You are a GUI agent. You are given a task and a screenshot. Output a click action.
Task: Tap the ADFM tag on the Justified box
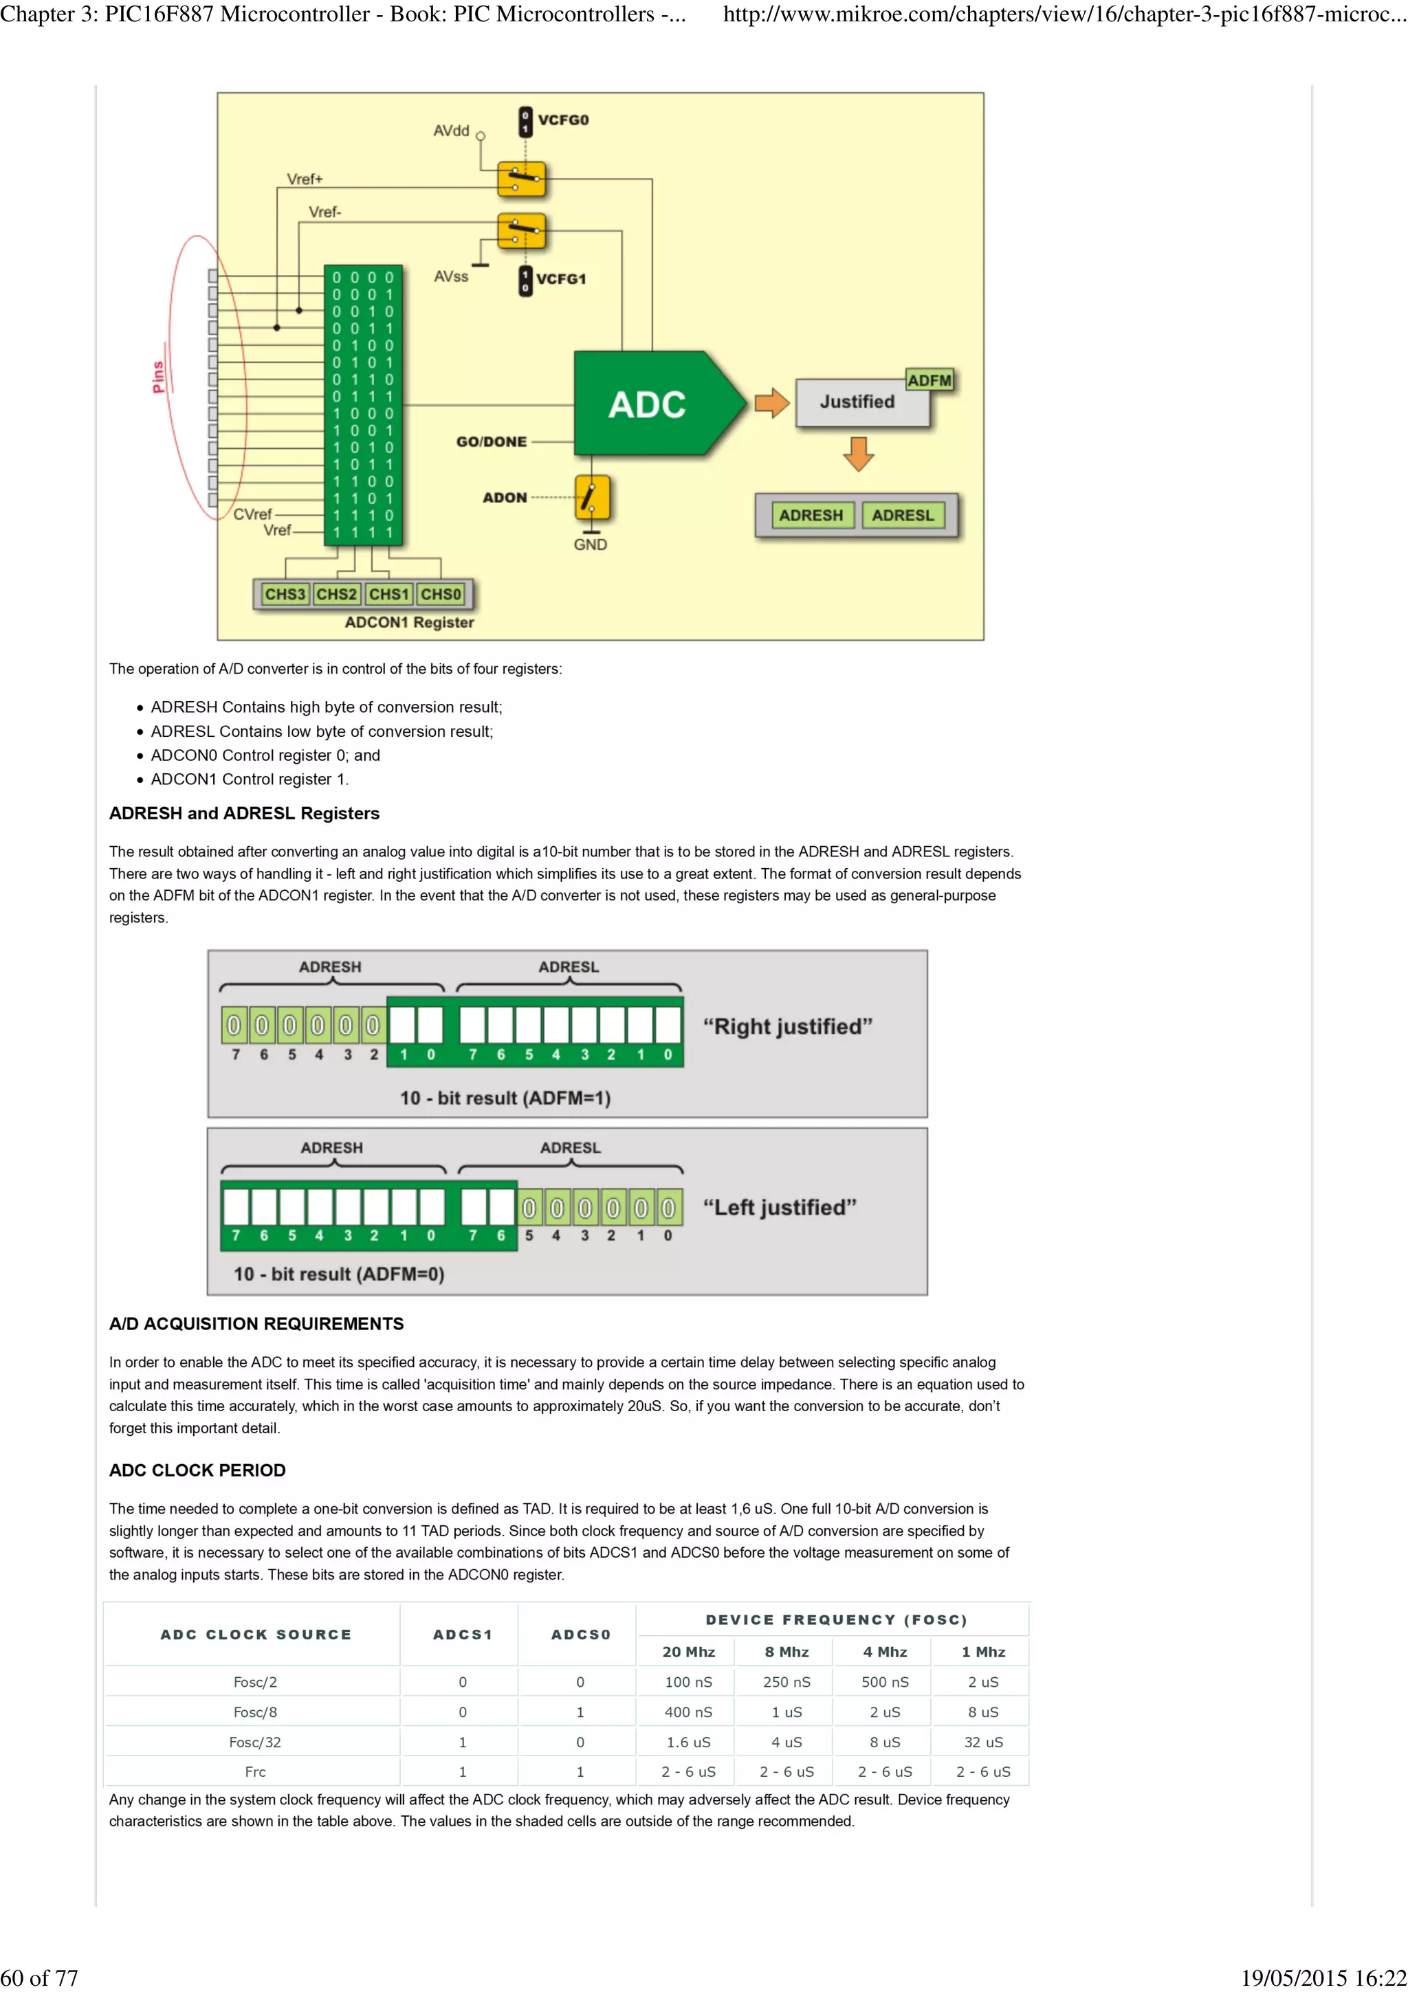click(929, 380)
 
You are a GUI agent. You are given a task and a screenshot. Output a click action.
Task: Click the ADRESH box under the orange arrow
click(811, 516)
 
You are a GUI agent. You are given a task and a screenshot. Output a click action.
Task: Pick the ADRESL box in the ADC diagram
click(903, 516)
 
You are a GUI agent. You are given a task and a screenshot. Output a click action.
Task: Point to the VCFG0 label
click(563, 120)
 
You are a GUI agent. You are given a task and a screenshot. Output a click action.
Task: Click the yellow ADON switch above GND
click(593, 498)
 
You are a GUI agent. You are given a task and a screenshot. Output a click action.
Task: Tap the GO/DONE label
click(491, 441)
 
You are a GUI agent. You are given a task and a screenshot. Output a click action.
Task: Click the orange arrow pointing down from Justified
click(858, 454)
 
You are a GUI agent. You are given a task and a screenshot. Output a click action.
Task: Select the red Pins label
click(159, 377)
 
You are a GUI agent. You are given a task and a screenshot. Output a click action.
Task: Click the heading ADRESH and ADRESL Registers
click(244, 813)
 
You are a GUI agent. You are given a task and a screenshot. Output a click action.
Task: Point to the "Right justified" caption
click(787, 1026)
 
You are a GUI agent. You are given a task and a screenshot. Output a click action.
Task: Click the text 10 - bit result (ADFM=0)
click(338, 1274)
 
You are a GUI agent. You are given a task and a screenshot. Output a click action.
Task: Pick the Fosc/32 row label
click(255, 1742)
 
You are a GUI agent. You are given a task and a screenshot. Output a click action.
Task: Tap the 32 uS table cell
click(983, 1742)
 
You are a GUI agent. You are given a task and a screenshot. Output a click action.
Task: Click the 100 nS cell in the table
click(688, 1682)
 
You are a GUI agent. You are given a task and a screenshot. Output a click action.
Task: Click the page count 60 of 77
click(39, 1978)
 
